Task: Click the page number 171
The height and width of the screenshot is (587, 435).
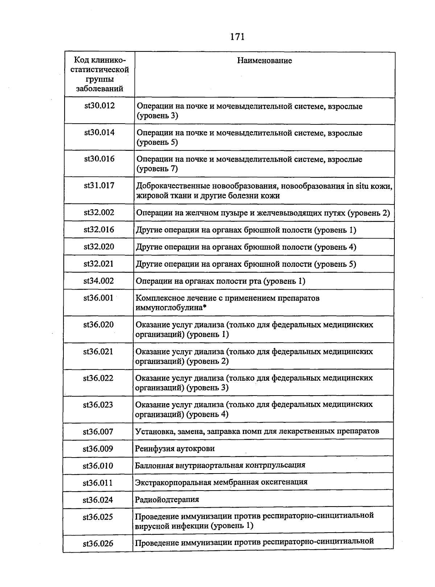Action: (x=237, y=37)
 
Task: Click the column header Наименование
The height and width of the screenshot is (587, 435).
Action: (x=264, y=61)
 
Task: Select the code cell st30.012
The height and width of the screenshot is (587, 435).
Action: (x=99, y=106)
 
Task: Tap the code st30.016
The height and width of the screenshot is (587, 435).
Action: (x=99, y=159)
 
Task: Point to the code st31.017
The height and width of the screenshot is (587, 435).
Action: (x=99, y=186)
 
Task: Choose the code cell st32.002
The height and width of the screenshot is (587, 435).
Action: (x=99, y=212)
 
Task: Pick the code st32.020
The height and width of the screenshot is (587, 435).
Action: (x=99, y=247)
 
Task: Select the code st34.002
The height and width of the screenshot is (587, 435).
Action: (x=99, y=281)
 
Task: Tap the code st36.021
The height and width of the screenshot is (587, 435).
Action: (x=98, y=352)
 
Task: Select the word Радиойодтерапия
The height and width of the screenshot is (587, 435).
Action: (x=167, y=500)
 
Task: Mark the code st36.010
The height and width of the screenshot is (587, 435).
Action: (x=98, y=466)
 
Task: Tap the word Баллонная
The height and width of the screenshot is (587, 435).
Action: (x=153, y=465)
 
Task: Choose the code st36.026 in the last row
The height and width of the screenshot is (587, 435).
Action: (x=98, y=543)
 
